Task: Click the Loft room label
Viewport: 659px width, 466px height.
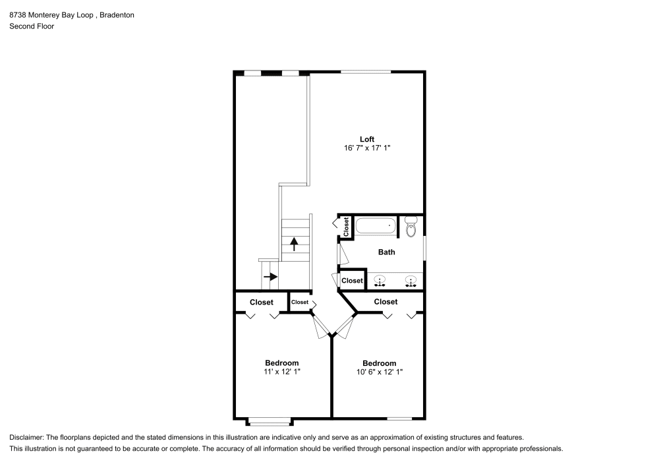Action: point(367,139)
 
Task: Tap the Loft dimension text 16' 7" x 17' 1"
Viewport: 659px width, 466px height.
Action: point(367,148)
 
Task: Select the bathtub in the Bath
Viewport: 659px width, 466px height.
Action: point(376,227)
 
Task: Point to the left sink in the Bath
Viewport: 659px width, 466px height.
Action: point(379,281)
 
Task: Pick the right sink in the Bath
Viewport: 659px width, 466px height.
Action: point(411,281)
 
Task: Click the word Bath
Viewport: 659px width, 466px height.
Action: point(386,252)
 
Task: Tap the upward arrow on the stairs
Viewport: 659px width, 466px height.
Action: point(294,243)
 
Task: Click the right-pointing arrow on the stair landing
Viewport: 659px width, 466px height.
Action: point(270,277)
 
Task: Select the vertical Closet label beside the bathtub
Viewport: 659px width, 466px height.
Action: point(346,227)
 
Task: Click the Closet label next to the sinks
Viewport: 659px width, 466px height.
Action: point(353,280)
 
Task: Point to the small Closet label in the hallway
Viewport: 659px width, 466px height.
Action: point(300,302)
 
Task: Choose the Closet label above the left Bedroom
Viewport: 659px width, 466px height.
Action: point(261,303)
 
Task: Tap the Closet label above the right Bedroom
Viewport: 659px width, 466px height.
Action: point(386,302)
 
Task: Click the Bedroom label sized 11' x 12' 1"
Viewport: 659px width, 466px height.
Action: point(281,363)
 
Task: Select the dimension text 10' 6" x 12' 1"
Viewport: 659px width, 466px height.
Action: point(379,372)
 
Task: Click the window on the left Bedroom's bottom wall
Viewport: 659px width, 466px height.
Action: point(268,419)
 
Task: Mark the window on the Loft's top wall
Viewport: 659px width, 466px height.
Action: point(365,72)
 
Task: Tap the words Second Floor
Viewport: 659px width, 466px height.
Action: point(32,26)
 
